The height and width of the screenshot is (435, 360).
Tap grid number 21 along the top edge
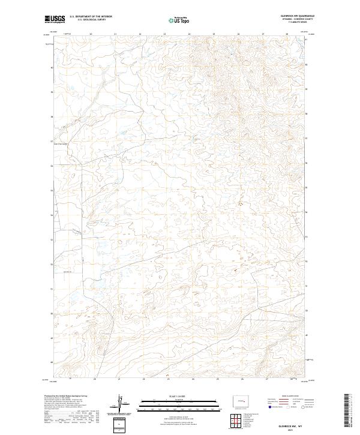[115, 34]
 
